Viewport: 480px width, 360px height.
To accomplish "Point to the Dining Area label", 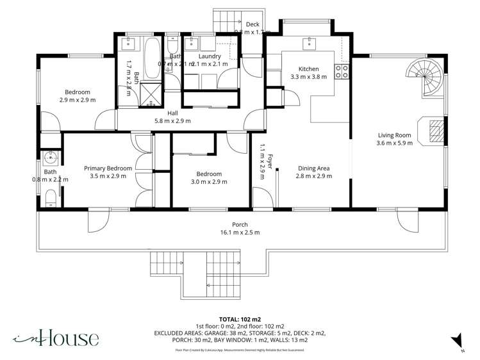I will click(x=313, y=169).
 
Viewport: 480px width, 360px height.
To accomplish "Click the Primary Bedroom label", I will click(x=108, y=168).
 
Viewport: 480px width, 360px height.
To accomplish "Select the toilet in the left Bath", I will click(x=51, y=201).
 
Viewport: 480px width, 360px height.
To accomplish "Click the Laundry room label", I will click(x=210, y=56).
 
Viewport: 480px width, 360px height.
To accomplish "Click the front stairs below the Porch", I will click(x=196, y=269).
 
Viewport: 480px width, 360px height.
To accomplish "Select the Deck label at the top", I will click(x=252, y=24).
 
